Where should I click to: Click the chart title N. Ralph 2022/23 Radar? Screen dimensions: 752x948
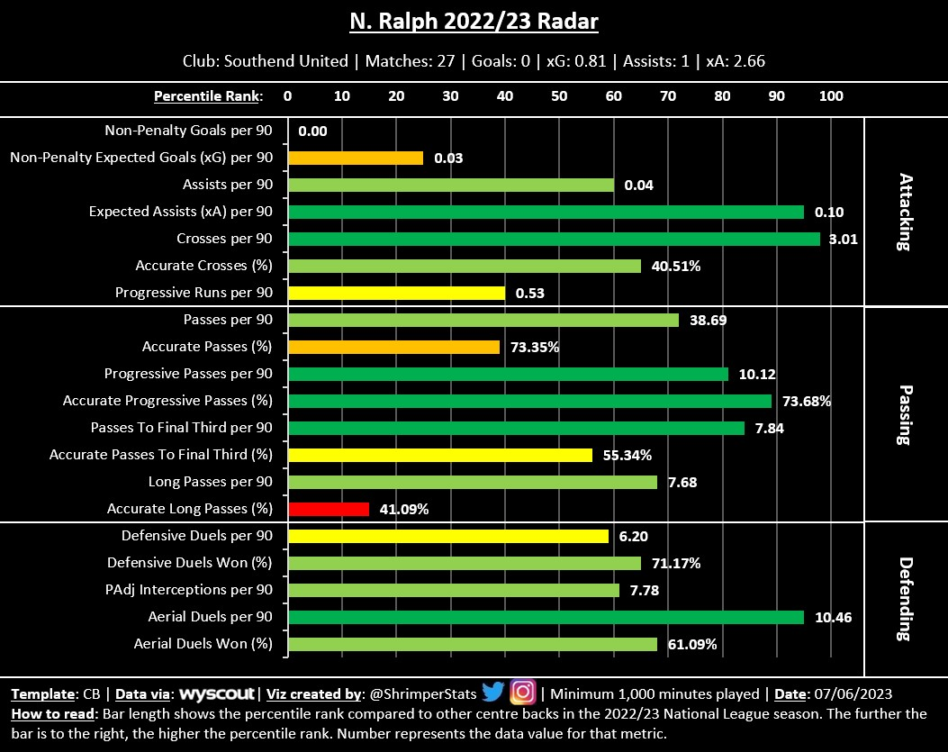(x=474, y=21)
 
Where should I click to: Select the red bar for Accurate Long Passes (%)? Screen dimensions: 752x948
(x=329, y=509)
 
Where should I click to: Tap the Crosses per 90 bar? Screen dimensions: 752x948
(x=554, y=239)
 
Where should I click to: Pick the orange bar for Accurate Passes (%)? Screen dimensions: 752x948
(x=393, y=347)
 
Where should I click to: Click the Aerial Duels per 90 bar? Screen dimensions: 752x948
(x=546, y=617)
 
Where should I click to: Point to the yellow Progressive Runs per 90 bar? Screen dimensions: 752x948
(x=396, y=293)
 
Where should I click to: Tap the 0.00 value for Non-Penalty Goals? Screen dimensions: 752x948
(x=312, y=131)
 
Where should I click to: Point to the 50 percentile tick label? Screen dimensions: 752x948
(x=559, y=96)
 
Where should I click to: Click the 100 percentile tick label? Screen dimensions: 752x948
(x=831, y=96)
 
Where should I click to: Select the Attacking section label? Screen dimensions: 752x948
(x=905, y=212)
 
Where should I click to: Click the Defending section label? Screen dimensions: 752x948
(x=905, y=598)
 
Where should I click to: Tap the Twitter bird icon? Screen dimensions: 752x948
(x=492, y=693)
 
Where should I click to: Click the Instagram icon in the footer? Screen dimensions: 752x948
(x=522, y=693)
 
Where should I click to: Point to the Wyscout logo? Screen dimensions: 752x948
(x=219, y=694)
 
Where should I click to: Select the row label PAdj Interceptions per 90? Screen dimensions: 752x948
(x=191, y=590)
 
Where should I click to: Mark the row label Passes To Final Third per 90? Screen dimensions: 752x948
(x=181, y=428)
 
